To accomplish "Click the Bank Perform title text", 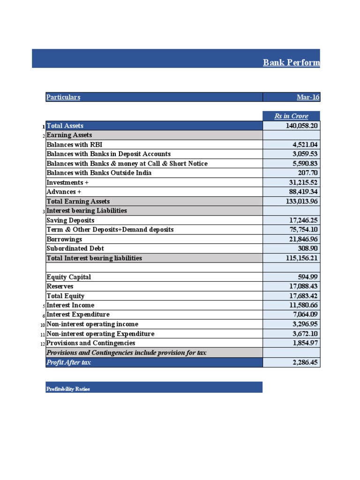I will [292, 62].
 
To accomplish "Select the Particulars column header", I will [63, 97].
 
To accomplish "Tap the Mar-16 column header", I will [308, 97].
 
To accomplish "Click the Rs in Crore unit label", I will [291, 116].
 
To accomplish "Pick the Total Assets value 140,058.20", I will [302, 126].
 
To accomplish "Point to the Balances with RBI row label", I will [75, 144].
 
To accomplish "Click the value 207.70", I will [309, 173].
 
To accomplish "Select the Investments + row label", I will [67, 182].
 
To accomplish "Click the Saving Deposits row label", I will [70, 220].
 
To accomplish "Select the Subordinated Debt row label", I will [75, 248].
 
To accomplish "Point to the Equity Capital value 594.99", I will [309, 277].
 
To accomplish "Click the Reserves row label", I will [60, 286].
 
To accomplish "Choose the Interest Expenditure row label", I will [78, 315].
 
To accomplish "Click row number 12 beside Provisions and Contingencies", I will [43, 344].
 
